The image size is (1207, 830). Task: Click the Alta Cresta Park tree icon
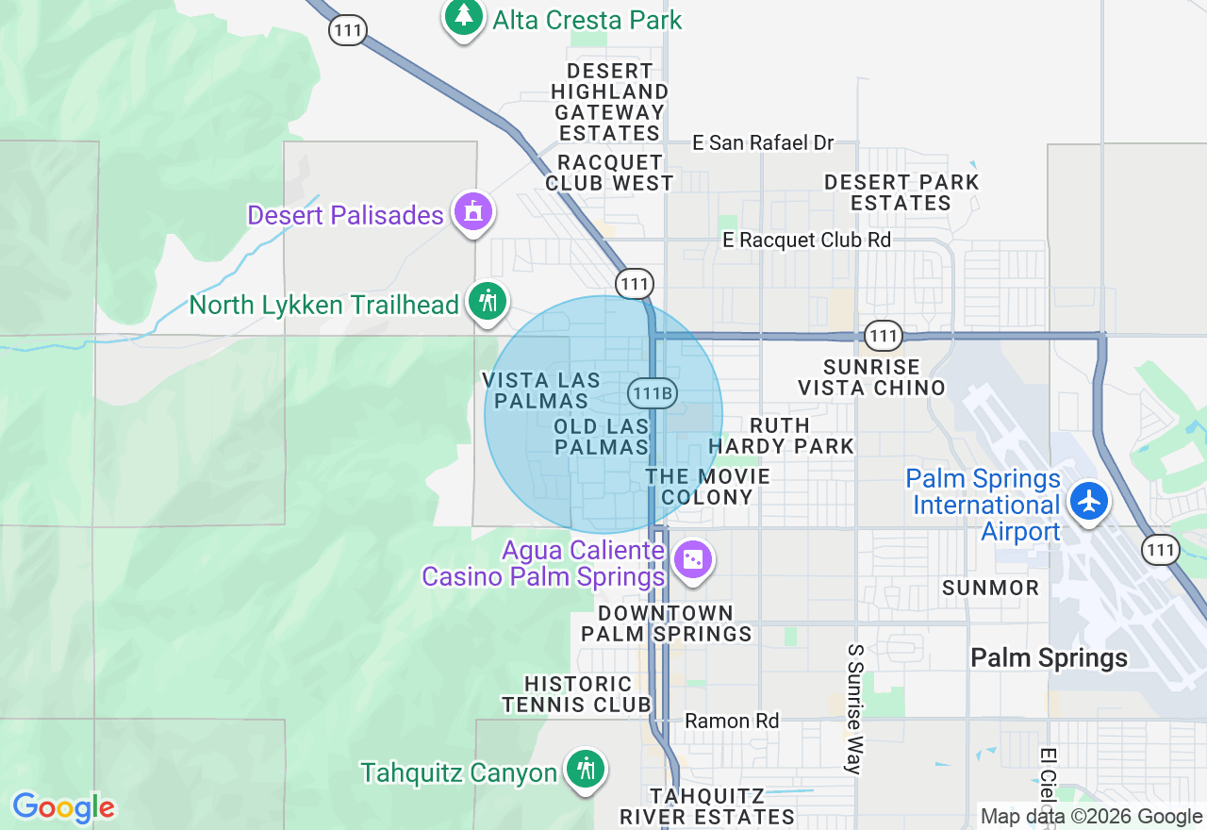pos(463,16)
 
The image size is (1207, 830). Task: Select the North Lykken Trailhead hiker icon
pos(488,303)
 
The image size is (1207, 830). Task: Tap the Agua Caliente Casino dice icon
pos(693,560)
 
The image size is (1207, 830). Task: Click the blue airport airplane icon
pos(1090,500)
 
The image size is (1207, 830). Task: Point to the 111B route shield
pos(653,393)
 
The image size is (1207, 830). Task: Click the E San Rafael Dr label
pos(763,142)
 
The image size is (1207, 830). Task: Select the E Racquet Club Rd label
pos(806,240)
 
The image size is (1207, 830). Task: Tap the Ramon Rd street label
pos(732,721)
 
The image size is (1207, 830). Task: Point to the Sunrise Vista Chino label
pos(871,377)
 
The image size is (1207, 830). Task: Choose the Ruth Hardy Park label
pos(781,436)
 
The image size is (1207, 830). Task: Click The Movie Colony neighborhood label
pos(707,487)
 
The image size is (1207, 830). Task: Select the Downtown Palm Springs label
pos(666,623)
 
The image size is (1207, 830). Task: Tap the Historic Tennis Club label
pos(577,694)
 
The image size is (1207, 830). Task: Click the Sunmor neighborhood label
pos(990,588)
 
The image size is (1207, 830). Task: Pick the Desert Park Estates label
pos(901,192)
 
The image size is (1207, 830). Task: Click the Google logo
pos(63,808)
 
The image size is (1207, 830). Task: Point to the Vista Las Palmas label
pos(541,390)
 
